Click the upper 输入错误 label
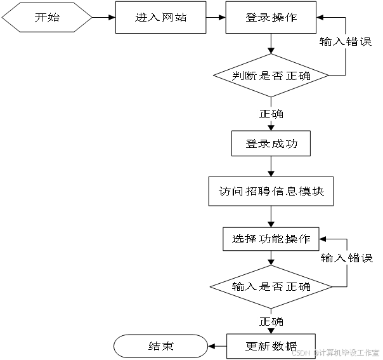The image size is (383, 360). [x=346, y=42]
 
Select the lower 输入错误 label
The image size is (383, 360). [x=347, y=258]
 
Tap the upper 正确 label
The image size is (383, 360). [x=271, y=114]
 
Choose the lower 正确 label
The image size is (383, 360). [x=271, y=321]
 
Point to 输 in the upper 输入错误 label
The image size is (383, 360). [x=326, y=42]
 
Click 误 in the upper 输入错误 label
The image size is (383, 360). [x=365, y=42]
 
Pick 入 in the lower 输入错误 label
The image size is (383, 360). [x=341, y=258]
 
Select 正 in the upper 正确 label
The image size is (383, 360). [x=265, y=114]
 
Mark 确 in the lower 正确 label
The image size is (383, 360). [x=278, y=321]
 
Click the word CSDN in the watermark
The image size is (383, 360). [x=300, y=352]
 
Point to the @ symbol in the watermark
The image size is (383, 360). [x=315, y=352]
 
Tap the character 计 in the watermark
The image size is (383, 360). [x=321, y=352]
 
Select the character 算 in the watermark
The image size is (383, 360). [x=330, y=352]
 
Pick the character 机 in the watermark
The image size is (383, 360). [x=338, y=352]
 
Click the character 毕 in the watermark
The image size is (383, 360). [x=346, y=352]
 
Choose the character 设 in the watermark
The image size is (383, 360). [x=354, y=352]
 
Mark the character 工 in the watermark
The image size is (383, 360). [x=363, y=352]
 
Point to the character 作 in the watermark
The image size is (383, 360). [x=370, y=352]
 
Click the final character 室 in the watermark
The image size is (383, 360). [x=378, y=352]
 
